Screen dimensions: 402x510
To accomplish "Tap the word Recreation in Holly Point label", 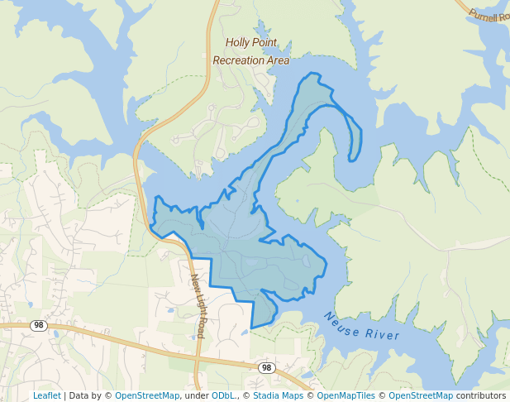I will pos(239,60).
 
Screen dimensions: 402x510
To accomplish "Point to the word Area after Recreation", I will pos(279,60).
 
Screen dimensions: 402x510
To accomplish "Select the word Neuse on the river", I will pos(341,323).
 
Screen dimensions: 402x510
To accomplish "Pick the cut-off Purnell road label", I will pos(489,15).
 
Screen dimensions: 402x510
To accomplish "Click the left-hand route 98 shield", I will pos(38,325).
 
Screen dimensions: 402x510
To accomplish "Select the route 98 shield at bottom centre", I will pos(265,367).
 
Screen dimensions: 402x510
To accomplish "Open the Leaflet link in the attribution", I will pos(46,396).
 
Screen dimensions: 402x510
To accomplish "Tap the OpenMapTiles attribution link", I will pos(346,396).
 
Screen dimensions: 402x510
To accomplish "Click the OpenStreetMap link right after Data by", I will pos(147,396).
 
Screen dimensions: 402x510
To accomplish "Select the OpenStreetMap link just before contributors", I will pos(421,396).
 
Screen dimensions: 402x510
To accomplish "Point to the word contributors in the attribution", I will pos(481,396).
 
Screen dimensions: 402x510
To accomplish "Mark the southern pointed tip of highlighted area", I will pos(252,327).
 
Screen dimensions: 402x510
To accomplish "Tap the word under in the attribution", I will pos(196,396).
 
